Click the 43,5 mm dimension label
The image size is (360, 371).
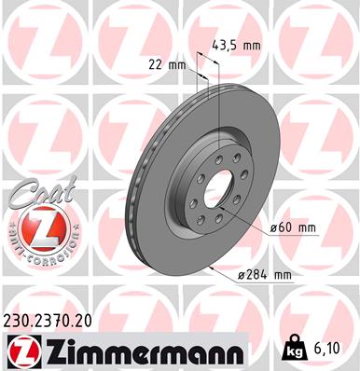click(237, 45)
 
